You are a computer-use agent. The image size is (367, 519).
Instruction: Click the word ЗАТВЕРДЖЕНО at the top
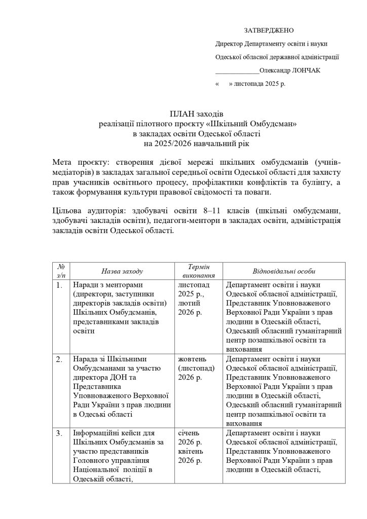pos(269,31)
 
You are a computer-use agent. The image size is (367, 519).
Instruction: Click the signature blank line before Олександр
pos(237,71)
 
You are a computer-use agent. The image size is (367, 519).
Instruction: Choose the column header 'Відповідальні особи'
pos(284,272)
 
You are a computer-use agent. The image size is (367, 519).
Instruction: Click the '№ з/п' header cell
pos(61,271)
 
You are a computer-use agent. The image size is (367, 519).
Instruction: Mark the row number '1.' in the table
pos(59,285)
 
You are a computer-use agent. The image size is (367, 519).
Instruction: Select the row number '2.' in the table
pos(59,359)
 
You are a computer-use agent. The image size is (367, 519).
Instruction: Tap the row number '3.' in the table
pos(59,433)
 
